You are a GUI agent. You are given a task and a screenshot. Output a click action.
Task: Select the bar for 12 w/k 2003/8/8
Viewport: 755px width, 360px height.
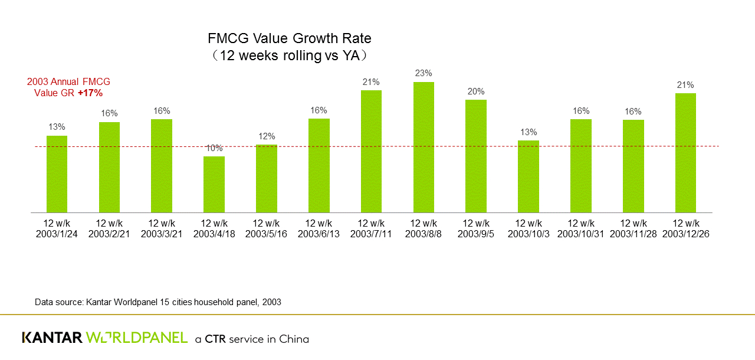pyautogui.click(x=424, y=147)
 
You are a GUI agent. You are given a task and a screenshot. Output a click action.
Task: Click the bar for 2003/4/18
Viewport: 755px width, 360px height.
pyautogui.click(x=214, y=184)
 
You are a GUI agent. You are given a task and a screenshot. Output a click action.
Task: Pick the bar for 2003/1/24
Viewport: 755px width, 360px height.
pyautogui.click(x=57, y=174)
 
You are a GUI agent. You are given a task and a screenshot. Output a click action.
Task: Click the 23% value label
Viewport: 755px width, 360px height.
pyautogui.click(x=424, y=73)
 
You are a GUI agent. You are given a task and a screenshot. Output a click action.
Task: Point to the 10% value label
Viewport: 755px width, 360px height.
pyautogui.click(x=214, y=148)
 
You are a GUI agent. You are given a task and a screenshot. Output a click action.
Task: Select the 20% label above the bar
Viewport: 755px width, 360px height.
pyautogui.click(x=476, y=91)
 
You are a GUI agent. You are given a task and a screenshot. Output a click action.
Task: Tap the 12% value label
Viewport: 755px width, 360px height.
pyautogui.click(x=267, y=136)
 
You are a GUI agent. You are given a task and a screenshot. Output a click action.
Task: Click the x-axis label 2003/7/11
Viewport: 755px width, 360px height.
pyautogui.click(x=371, y=234)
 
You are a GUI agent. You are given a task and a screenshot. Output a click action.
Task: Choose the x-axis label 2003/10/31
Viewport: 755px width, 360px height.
pyautogui.click(x=581, y=234)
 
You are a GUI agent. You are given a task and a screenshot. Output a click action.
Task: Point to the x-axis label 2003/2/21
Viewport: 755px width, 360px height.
pyautogui.click(x=109, y=234)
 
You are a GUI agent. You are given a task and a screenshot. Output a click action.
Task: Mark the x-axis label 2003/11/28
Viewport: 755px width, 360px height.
pyautogui.click(x=633, y=234)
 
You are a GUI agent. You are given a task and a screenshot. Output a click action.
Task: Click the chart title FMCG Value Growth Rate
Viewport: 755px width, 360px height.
pyautogui.click(x=290, y=39)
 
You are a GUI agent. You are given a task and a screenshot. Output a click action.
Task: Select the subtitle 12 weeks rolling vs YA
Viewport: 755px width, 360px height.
pyautogui.click(x=290, y=56)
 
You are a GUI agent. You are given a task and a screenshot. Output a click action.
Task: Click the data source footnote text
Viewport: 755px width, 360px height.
pyautogui.click(x=158, y=302)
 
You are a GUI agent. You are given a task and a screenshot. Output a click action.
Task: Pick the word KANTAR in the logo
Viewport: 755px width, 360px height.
pyautogui.click(x=52, y=338)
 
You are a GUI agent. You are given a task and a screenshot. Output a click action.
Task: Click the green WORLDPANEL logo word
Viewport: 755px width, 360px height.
pyautogui.click(x=137, y=338)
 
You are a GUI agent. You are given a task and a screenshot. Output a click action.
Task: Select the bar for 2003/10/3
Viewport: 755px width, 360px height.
pyautogui.click(x=528, y=176)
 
